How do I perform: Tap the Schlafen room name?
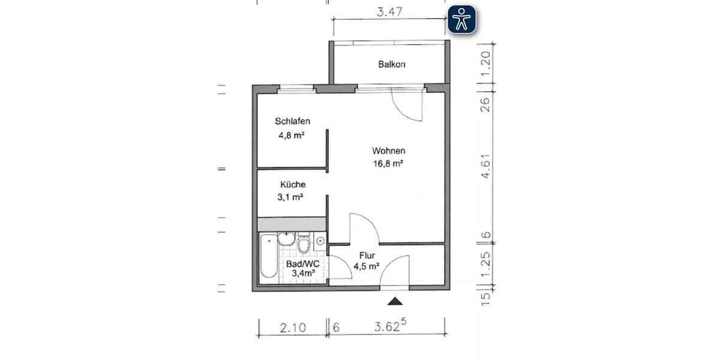click(293, 121)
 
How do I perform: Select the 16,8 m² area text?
click(387, 164)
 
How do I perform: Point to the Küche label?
click(293, 185)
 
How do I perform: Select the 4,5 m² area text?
click(366, 266)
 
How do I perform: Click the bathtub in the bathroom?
click(269, 256)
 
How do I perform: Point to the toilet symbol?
click(304, 244)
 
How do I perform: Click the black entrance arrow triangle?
click(394, 301)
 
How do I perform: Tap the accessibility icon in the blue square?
click(461, 19)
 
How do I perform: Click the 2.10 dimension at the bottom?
click(293, 328)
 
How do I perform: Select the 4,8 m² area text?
click(291, 135)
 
